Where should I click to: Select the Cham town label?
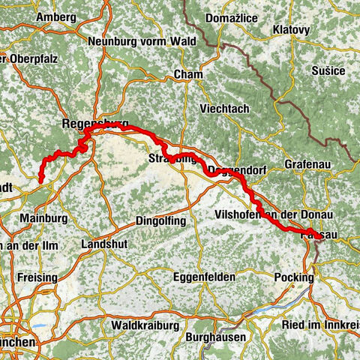click(183, 74)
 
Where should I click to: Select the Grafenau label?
click(308, 163)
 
